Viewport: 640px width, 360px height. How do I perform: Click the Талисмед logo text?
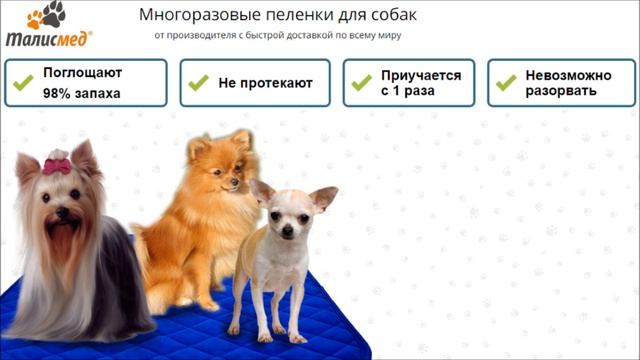point(47,39)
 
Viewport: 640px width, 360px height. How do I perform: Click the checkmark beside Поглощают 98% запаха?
point(23,83)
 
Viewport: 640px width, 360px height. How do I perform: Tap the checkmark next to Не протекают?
point(198,83)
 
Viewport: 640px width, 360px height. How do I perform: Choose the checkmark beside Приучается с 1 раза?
point(361,83)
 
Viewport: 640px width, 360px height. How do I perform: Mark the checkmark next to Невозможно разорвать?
point(505,83)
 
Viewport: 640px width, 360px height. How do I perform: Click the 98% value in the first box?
point(55,92)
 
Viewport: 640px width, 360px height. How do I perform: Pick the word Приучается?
point(420,75)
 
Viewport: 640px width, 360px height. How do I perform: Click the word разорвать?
point(561,91)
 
